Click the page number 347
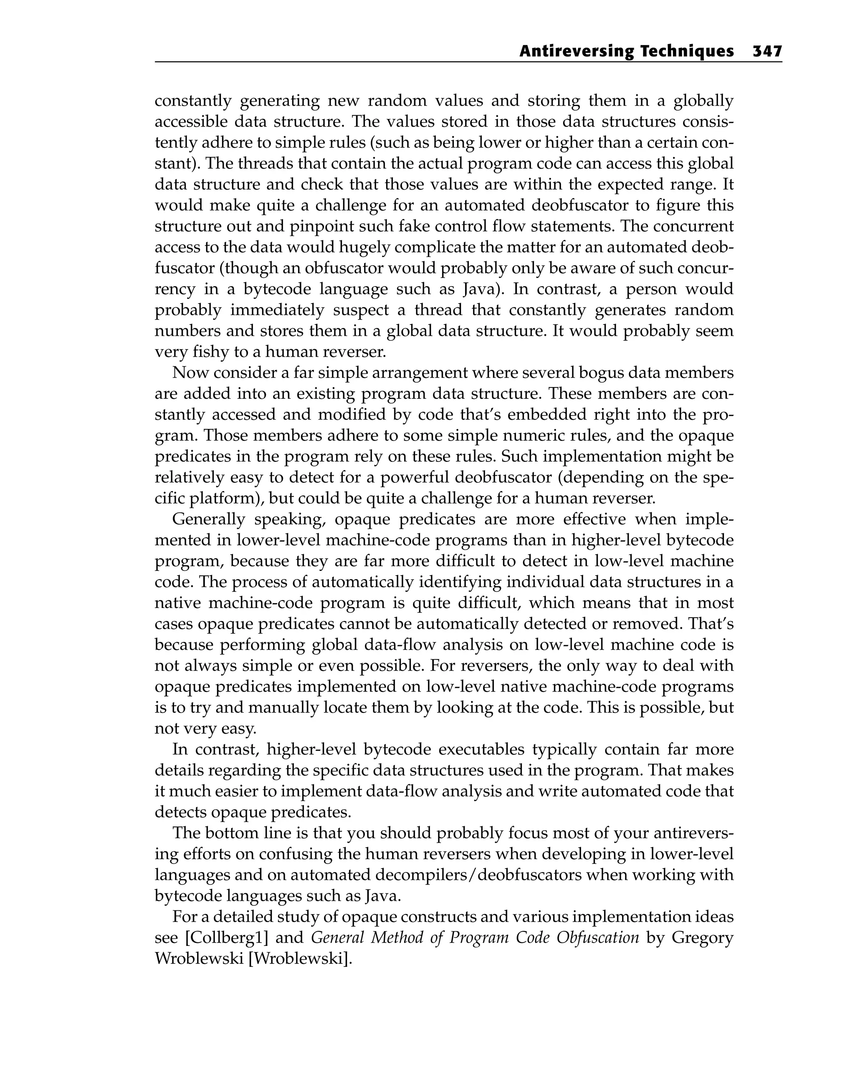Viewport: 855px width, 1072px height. [x=767, y=51]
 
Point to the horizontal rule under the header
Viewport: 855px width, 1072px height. [x=468, y=62]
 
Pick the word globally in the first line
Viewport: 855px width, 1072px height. [x=703, y=101]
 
